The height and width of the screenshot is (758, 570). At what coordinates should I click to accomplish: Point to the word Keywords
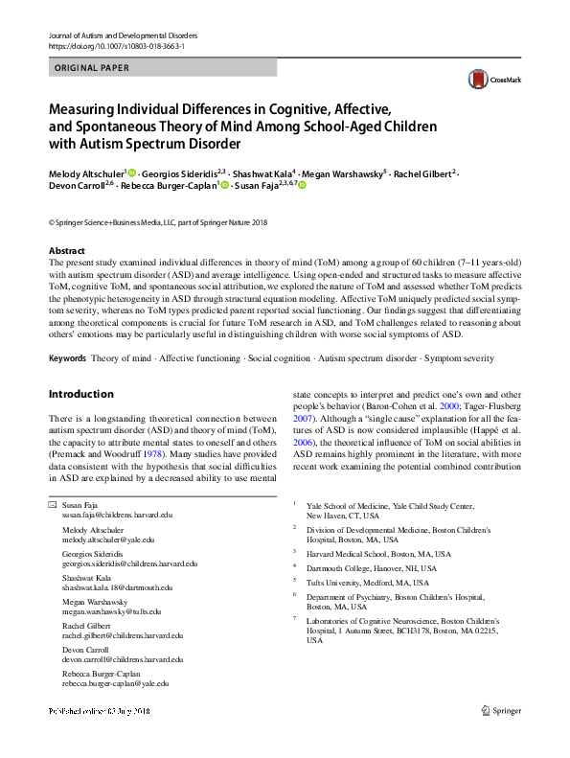tap(67, 358)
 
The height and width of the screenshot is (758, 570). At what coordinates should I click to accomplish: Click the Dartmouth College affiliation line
tap(368, 567)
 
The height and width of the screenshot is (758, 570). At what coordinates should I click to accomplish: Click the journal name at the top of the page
tap(121, 34)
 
